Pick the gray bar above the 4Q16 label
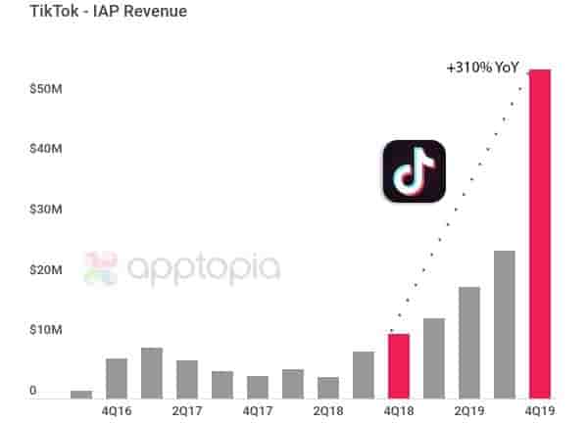pyautogui.click(x=117, y=378)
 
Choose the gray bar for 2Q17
pyautogui.click(x=187, y=379)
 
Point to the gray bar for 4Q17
pyautogui.click(x=258, y=387)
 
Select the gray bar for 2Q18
pyautogui.click(x=328, y=387)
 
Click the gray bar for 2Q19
pyautogui.click(x=469, y=342)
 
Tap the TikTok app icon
pyautogui.click(x=414, y=171)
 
